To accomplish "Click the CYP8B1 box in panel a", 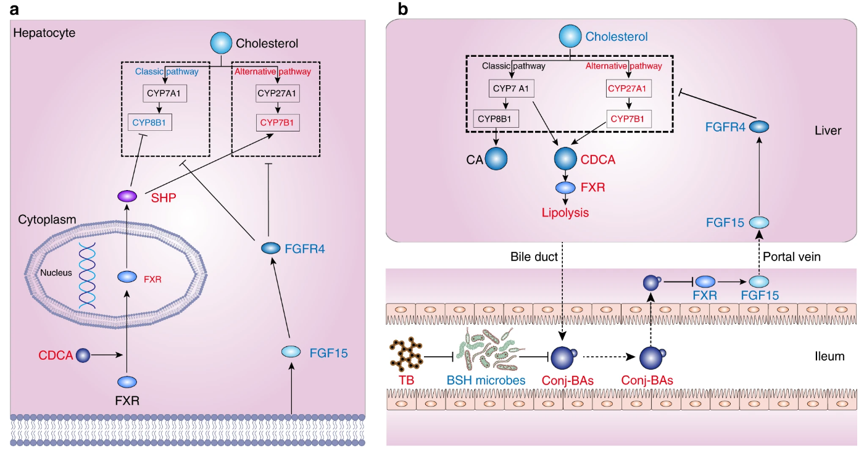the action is tap(149, 123).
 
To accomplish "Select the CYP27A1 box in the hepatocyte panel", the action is tap(277, 93).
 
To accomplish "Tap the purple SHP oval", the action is tap(127, 196).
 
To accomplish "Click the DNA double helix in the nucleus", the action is tap(87, 275).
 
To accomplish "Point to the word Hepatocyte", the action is tap(44, 33).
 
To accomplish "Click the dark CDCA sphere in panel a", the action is tap(83, 355).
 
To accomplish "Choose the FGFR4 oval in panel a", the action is tap(271, 248).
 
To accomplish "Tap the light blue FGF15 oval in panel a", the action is tap(291, 352).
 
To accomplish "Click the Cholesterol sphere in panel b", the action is tap(570, 36).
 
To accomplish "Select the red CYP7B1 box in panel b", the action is tap(629, 119).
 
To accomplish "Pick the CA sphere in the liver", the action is tap(496, 159).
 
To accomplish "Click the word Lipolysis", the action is tap(565, 212).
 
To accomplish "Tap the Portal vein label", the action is tap(791, 257).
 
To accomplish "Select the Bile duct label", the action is tap(534, 257).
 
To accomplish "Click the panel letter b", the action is tap(402, 9).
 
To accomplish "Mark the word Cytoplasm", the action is tap(47, 220).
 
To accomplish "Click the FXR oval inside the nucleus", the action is tap(127, 276).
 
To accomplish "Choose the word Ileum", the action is tap(829, 356).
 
